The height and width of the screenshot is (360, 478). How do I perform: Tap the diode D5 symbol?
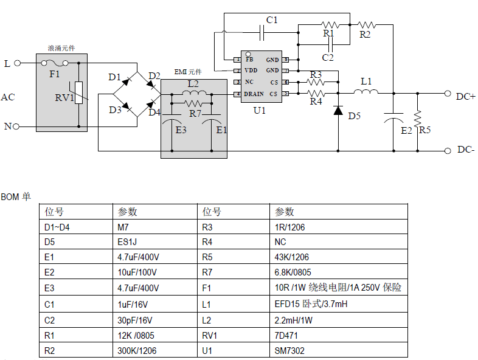tap(338, 111)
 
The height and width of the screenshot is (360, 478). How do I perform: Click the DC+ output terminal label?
tap(465, 95)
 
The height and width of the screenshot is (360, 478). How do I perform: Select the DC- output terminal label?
tap(465, 150)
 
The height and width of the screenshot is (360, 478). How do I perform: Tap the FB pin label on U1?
tap(249, 60)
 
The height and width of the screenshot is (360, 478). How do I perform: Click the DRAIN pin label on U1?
tap(254, 94)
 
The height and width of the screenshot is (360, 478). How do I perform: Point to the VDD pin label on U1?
tap(251, 71)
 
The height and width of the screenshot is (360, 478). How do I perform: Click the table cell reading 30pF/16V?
tap(134, 320)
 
